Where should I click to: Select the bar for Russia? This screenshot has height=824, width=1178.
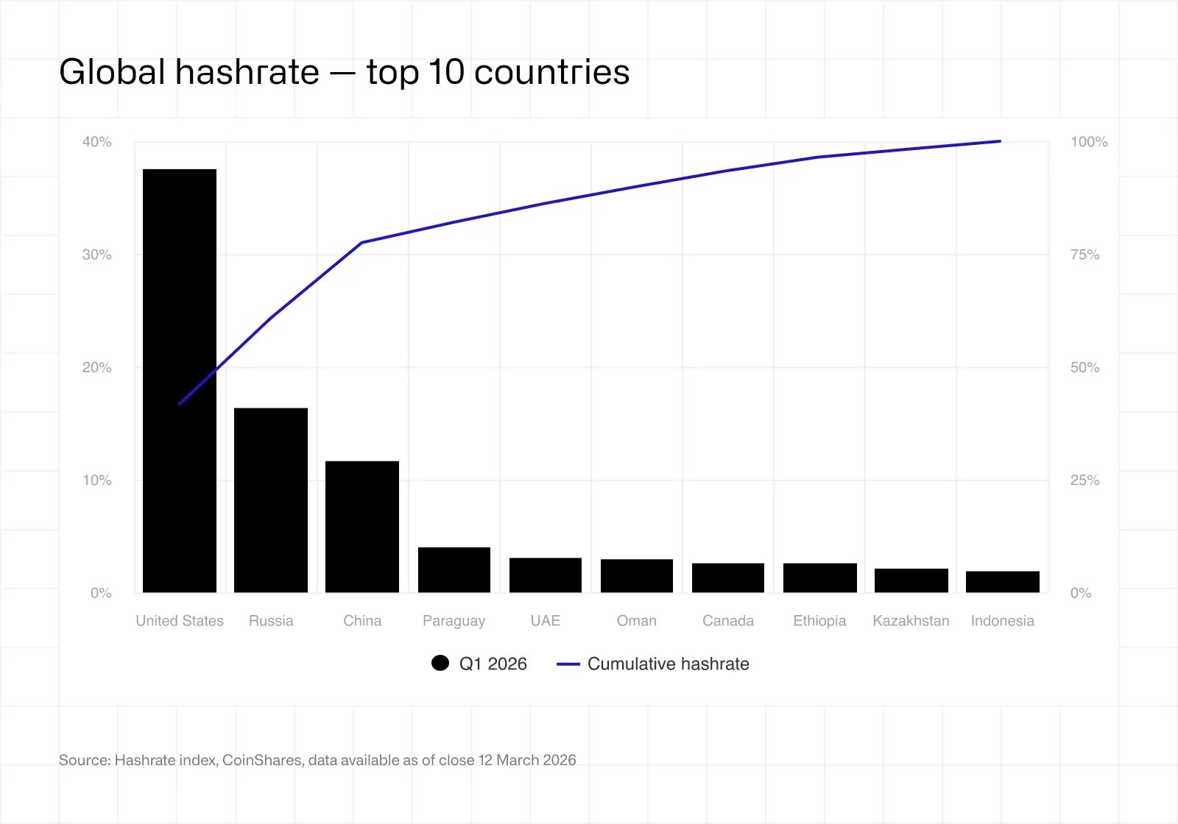pos(271,500)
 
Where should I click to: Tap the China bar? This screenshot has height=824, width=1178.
pos(362,527)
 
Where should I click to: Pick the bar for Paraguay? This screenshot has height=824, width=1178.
pos(454,570)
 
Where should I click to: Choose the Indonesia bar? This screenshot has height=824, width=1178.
pos(1003,582)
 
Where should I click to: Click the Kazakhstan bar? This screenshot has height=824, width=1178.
pos(911,580)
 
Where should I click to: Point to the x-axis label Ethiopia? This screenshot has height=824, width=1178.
pos(819,621)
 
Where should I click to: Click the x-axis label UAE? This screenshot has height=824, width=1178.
pos(546,621)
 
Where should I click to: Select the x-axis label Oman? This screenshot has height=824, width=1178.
pos(637,621)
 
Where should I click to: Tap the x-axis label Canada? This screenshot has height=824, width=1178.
pos(728,621)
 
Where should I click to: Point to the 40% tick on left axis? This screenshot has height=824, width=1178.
pos(97,142)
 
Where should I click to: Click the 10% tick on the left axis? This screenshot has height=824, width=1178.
pos(97,480)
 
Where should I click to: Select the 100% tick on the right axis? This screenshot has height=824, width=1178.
pos(1089,142)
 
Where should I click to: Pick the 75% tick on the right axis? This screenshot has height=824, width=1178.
pos(1084,255)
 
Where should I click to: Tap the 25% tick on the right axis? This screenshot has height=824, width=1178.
pos(1084,480)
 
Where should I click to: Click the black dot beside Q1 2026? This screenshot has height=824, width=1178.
pos(440,664)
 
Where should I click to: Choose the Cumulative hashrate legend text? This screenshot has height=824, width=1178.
pos(668,664)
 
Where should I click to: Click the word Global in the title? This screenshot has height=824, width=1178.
pos(112,72)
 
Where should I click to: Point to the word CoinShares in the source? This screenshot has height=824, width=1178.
pos(262,760)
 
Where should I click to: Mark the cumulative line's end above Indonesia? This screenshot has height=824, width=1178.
pos(1000,141)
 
